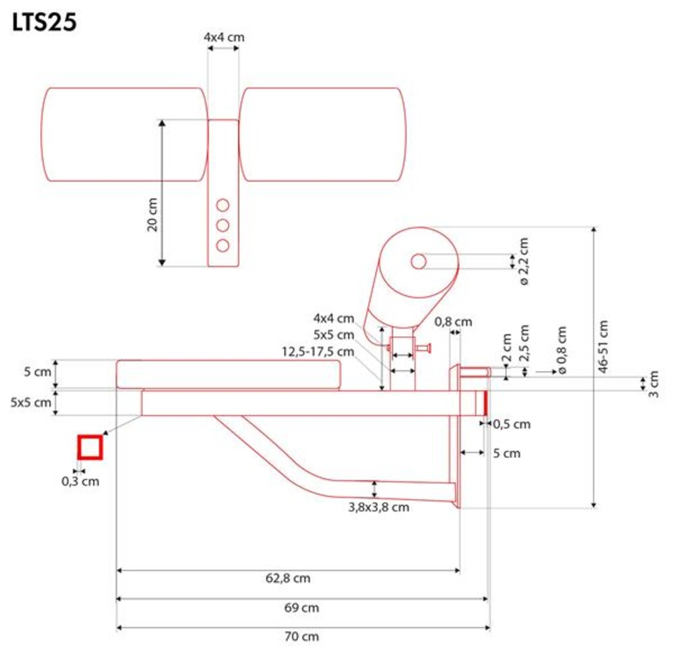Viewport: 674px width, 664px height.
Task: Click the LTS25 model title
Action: tap(44, 22)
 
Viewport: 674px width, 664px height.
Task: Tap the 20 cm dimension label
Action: tap(152, 215)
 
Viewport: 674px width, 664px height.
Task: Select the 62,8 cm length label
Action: tap(288, 578)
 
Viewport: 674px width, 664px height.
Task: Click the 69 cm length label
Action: tap(301, 607)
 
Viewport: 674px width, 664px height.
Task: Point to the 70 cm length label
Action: tap(301, 636)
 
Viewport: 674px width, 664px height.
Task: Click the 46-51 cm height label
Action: tap(603, 346)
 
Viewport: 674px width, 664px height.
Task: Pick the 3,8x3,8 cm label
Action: tap(378, 507)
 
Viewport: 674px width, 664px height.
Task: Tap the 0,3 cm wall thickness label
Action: tap(80, 482)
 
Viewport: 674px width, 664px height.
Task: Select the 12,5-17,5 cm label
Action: tap(317, 352)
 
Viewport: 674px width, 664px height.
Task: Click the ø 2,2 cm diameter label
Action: tap(523, 261)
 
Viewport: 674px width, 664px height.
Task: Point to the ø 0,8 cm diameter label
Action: tap(561, 350)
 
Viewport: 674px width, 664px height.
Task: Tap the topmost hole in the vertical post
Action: tap(222, 205)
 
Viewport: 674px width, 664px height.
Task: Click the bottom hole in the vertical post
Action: tap(222, 246)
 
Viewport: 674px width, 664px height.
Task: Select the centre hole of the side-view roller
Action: tap(419, 261)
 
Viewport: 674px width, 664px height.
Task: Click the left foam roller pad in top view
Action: tap(125, 135)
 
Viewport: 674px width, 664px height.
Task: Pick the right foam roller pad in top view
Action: tap(322, 135)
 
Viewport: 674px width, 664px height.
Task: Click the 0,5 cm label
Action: tap(512, 424)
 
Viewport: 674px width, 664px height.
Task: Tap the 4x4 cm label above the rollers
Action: tap(224, 37)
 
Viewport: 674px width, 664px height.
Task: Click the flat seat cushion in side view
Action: tap(228, 374)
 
